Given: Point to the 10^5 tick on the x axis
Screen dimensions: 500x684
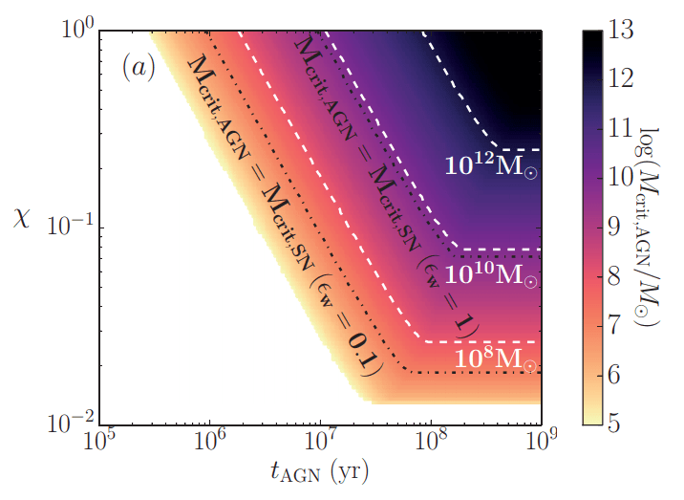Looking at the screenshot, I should pyautogui.click(x=99, y=443).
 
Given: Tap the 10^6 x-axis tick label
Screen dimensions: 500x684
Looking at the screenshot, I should pyautogui.click(x=210, y=443).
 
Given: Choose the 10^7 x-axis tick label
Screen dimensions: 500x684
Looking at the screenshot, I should pyautogui.click(x=321, y=443).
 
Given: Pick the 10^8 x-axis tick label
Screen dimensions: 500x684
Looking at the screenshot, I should pyautogui.click(x=432, y=443).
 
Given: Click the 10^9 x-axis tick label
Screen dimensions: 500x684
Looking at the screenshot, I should pyautogui.click(x=542, y=443).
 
